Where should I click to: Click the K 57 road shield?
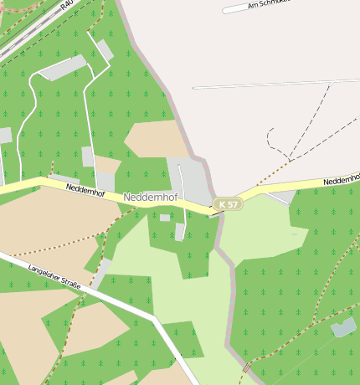point(226,204)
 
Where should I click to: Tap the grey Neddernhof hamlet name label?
point(152,198)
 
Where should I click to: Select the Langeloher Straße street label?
point(54,277)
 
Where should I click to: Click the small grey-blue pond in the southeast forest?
point(343,327)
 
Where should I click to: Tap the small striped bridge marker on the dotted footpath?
point(246,367)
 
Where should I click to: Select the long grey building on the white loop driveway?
point(63,68)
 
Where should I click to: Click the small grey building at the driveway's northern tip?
point(105,50)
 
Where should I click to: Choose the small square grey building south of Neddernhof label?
point(165,218)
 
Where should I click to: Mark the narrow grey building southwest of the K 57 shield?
point(180,231)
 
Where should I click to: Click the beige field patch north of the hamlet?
point(157,139)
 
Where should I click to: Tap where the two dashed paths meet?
point(290,158)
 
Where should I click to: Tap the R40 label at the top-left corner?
point(67,3)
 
